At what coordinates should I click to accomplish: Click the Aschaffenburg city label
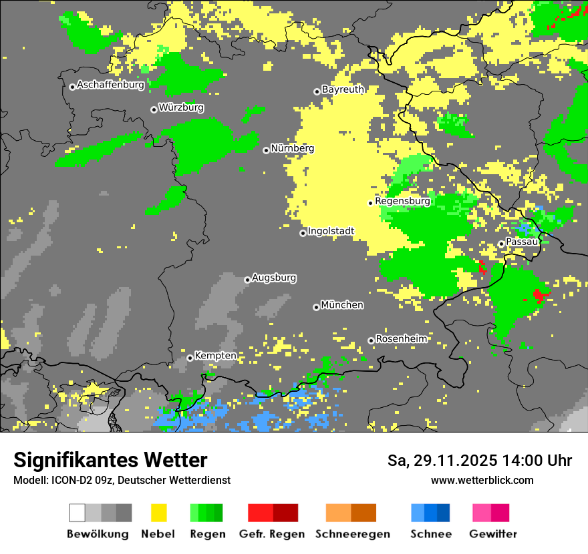(x=110, y=85)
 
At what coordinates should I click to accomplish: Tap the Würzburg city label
(x=181, y=107)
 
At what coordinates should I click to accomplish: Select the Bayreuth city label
(x=343, y=89)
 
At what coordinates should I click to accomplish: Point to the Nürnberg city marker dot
(x=266, y=150)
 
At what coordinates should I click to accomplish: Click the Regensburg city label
(x=402, y=201)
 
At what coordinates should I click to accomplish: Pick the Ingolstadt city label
(x=331, y=232)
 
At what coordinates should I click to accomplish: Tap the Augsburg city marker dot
(x=247, y=280)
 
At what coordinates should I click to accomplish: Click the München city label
(x=342, y=305)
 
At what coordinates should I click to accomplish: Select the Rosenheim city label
(x=401, y=339)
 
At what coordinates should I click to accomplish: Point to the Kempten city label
(x=215, y=356)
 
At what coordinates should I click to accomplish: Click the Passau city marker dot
(x=501, y=244)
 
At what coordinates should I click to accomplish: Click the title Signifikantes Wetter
(x=110, y=460)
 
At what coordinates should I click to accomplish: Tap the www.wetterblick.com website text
(x=482, y=480)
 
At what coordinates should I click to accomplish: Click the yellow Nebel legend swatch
(x=158, y=513)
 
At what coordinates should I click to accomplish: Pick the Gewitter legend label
(x=492, y=534)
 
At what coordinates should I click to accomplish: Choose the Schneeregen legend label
(x=352, y=534)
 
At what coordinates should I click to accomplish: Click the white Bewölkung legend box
(x=78, y=513)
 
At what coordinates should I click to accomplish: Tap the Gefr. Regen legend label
(x=272, y=534)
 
